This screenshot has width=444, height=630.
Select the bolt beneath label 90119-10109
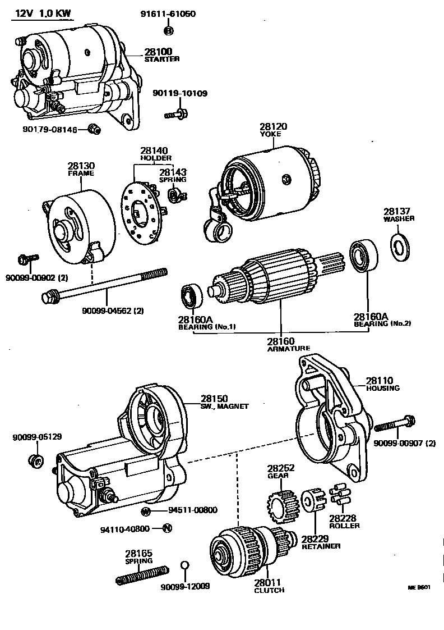(x=175, y=114)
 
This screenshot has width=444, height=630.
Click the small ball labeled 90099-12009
(x=185, y=565)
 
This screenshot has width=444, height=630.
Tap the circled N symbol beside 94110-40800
(x=167, y=528)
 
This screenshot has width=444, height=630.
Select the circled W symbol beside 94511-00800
(x=146, y=511)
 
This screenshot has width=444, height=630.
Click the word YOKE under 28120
(x=273, y=135)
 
